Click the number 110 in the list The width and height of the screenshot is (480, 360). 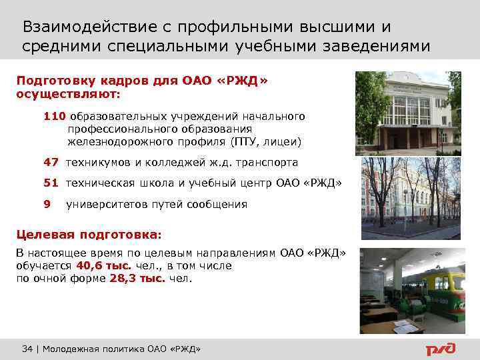tap(55, 116)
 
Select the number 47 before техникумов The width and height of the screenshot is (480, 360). tap(51, 162)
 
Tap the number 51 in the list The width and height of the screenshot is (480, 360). tap(51, 183)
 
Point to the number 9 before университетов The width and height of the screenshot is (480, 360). tap(47, 205)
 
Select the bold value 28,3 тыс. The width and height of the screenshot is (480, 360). tap(136, 279)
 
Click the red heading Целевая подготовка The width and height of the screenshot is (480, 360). tap(88, 235)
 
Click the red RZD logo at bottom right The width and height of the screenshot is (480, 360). tap(441, 349)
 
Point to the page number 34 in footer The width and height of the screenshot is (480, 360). tap(27, 349)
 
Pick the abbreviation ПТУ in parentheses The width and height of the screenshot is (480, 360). tap(244, 141)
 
